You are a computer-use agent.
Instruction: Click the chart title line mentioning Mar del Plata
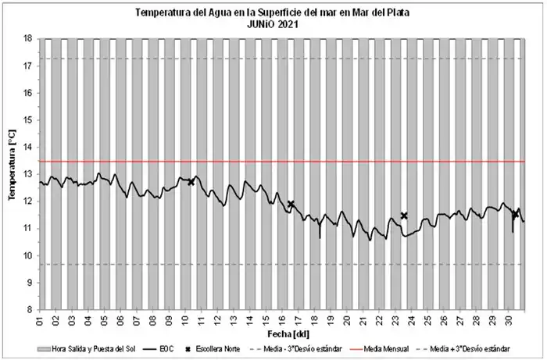273,12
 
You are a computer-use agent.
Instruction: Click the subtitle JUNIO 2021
273,23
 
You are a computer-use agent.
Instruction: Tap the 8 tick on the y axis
29,310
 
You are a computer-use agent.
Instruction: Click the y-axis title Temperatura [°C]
12,173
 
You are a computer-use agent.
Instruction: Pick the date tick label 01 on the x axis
40,320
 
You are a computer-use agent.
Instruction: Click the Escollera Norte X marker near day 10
191,182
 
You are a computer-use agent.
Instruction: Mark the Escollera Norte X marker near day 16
291,204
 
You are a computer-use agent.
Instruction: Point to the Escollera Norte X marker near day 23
404,216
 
